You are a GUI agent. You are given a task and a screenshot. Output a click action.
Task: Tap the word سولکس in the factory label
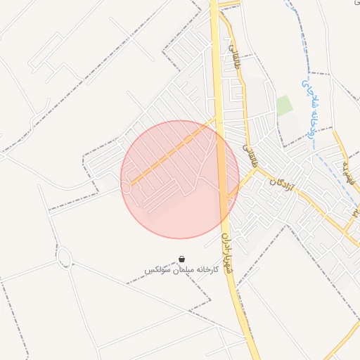click(x=156, y=270)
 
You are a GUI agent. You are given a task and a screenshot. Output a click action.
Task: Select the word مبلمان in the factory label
click(x=179, y=270)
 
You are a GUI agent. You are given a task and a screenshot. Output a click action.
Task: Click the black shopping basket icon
click(x=182, y=259)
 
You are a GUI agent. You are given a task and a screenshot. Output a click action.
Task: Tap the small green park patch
click(x=284, y=106)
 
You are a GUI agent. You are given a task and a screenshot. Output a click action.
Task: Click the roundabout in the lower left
click(x=64, y=257)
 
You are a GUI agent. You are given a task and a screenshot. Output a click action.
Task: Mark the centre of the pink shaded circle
click(x=179, y=179)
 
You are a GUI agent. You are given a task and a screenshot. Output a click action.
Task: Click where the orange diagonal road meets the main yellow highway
click(x=215, y=121)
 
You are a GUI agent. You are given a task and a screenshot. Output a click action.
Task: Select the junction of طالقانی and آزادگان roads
click(x=255, y=169)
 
